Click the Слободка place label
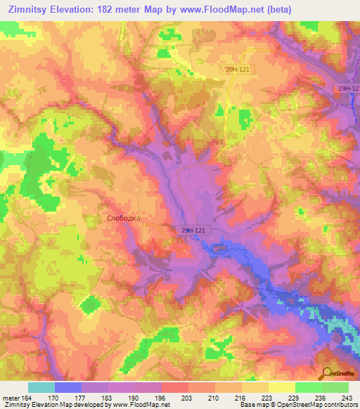(123, 218)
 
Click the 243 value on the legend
(347, 397)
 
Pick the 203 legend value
(188, 397)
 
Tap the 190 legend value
(134, 397)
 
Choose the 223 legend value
(268, 397)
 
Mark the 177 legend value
(82, 397)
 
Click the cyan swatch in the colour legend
(41, 387)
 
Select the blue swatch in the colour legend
(68, 387)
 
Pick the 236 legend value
(321, 397)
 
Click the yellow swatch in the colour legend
(281, 387)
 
